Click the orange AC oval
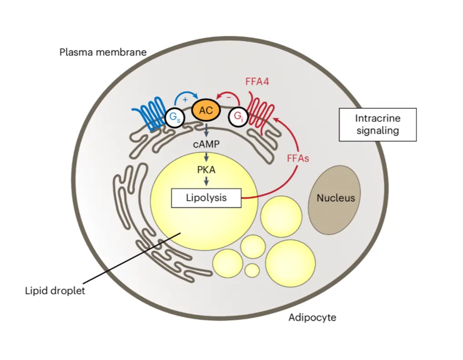[206, 111]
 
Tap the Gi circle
[238, 117]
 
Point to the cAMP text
[206, 144]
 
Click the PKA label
[206, 171]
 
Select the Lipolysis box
[206, 198]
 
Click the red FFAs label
[298, 159]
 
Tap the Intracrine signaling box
[377, 124]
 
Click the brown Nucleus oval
[335, 198]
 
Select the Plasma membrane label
[103, 52]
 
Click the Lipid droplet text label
[55, 290]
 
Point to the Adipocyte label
[312, 317]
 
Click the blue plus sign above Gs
[185, 99]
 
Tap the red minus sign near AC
[228, 97]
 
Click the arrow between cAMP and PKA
[206, 157]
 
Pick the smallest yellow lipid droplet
[252, 270]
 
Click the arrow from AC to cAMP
[206, 131]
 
